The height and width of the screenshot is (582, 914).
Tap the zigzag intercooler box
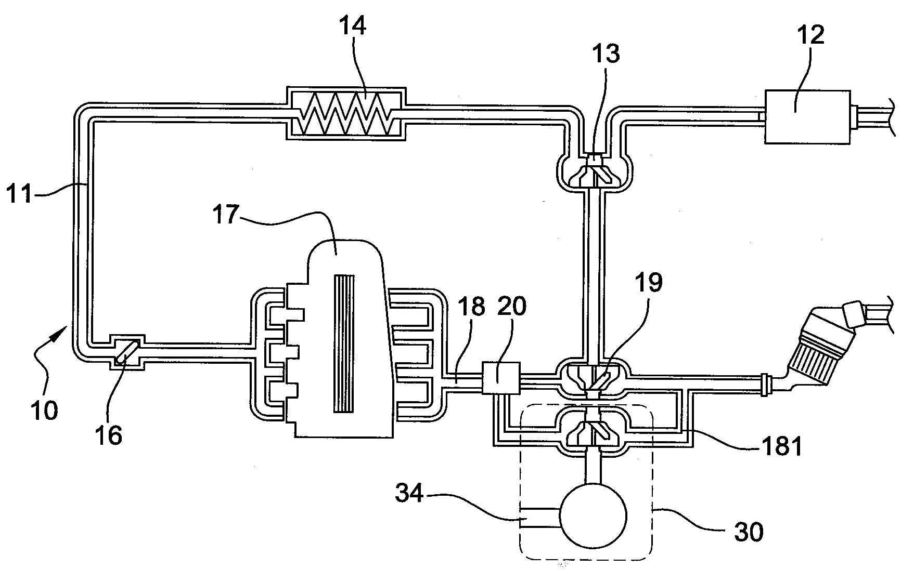[346, 113]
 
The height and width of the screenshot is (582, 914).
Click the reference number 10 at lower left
[44, 410]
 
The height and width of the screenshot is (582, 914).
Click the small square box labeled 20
[501, 378]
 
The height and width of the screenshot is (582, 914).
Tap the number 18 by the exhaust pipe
[470, 307]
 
